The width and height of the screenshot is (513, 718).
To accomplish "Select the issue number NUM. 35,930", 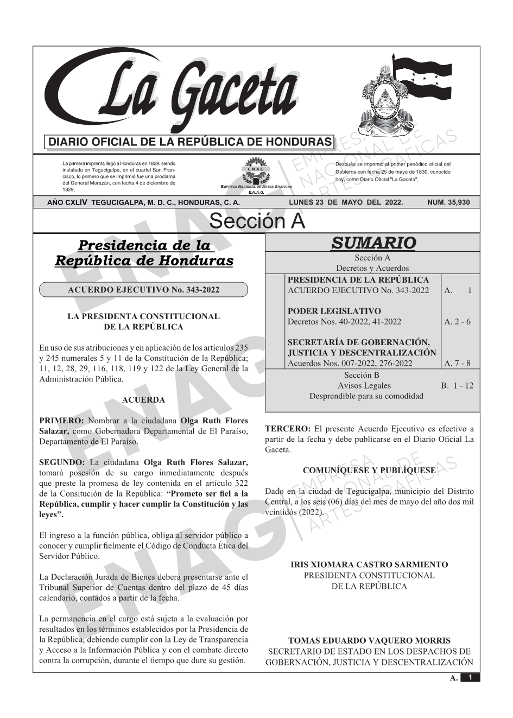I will coord(448,202).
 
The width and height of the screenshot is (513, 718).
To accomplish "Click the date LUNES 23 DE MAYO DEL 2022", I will coord(346,202).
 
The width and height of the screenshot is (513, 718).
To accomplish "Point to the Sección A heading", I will coord(257,221).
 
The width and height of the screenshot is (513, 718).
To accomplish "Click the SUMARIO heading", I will coord(373,243).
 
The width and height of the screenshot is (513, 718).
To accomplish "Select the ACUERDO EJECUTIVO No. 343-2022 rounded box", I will coord(143,290).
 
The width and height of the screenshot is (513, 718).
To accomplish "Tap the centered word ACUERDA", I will coord(143,400).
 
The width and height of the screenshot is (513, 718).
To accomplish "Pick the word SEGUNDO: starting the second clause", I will coord(62,462).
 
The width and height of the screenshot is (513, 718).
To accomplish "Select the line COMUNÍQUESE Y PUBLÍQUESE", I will coord(369,470).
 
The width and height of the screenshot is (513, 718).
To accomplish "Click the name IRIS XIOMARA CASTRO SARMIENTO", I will coord(369,565).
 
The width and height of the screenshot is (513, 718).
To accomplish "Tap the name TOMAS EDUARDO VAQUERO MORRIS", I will coord(369,641).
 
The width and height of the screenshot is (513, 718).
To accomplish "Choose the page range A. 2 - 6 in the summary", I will coord(458,322).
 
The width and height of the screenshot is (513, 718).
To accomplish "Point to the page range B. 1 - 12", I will coord(457,386).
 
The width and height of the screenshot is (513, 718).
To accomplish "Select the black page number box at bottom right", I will coord(470,677).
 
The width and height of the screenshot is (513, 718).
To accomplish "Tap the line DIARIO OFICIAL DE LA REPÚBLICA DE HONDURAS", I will coord(190,142).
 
